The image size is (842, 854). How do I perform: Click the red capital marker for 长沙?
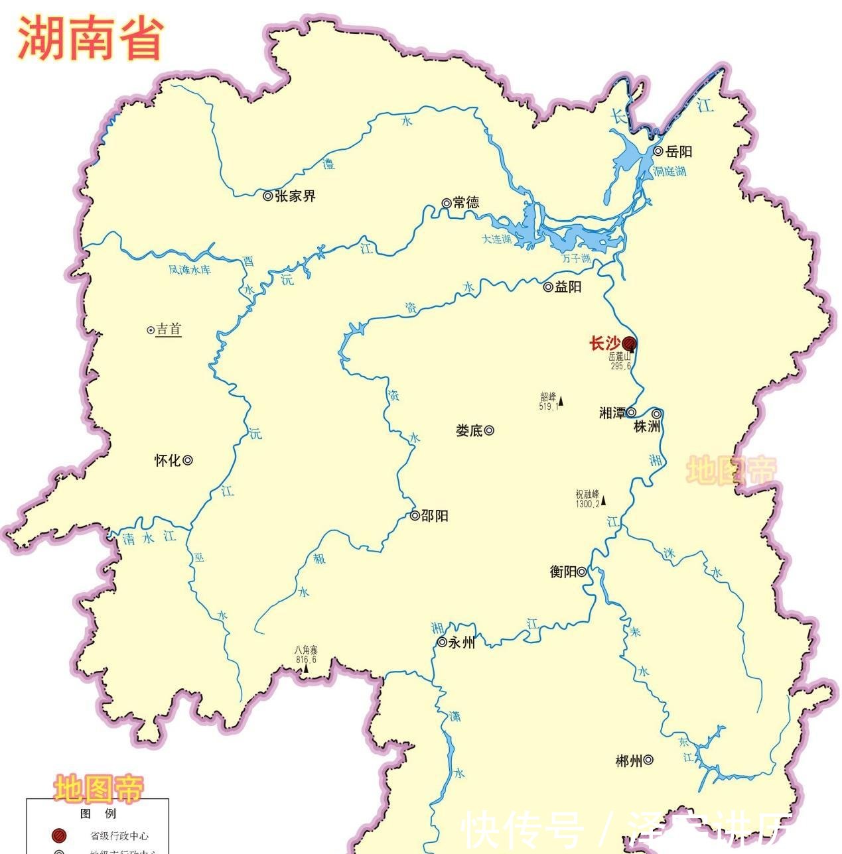pyautogui.click(x=628, y=343)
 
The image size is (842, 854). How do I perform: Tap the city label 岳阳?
pyautogui.click(x=679, y=152)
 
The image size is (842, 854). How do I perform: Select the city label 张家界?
pyautogui.click(x=295, y=196)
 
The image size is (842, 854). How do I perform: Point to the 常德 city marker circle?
pyautogui.click(x=446, y=203)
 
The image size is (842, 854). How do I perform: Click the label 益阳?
pyautogui.click(x=568, y=287)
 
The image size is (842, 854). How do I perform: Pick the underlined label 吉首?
pyautogui.click(x=168, y=330)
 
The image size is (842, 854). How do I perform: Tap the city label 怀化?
pyautogui.click(x=167, y=460)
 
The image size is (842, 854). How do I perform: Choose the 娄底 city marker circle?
pyautogui.click(x=489, y=430)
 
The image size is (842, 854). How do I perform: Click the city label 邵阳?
pyautogui.click(x=435, y=516)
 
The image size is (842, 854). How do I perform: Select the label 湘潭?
pyautogui.click(x=612, y=413)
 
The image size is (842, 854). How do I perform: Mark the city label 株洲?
pyautogui.click(x=647, y=427)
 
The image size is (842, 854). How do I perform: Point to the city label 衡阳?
pyautogui.click(x=563, y=572)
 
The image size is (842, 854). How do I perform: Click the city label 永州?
pyautogui.click(x=462, y=642)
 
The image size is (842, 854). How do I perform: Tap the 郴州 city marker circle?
pyautogui.click(x=648, y=761)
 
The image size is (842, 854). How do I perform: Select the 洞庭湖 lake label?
pyautogui.click(x=669, y=171)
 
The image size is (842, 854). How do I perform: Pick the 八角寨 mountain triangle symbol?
pyautogui.click(x=306, y=668)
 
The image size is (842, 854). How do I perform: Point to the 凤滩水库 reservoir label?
pyautogui.click(x=189, y=270)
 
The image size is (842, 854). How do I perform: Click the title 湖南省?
pyautogui.click(x=90, y=38)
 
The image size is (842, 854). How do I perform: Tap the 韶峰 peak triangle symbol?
pyautogui.click(x=561, y=400)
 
